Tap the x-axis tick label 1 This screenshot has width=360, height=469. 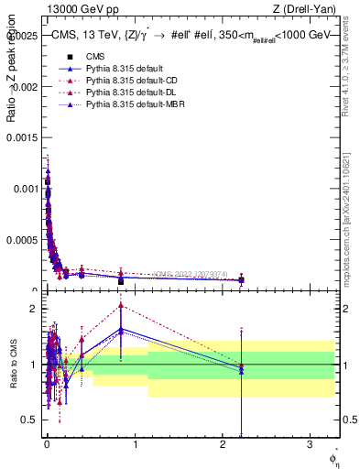(x=135, y=442)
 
